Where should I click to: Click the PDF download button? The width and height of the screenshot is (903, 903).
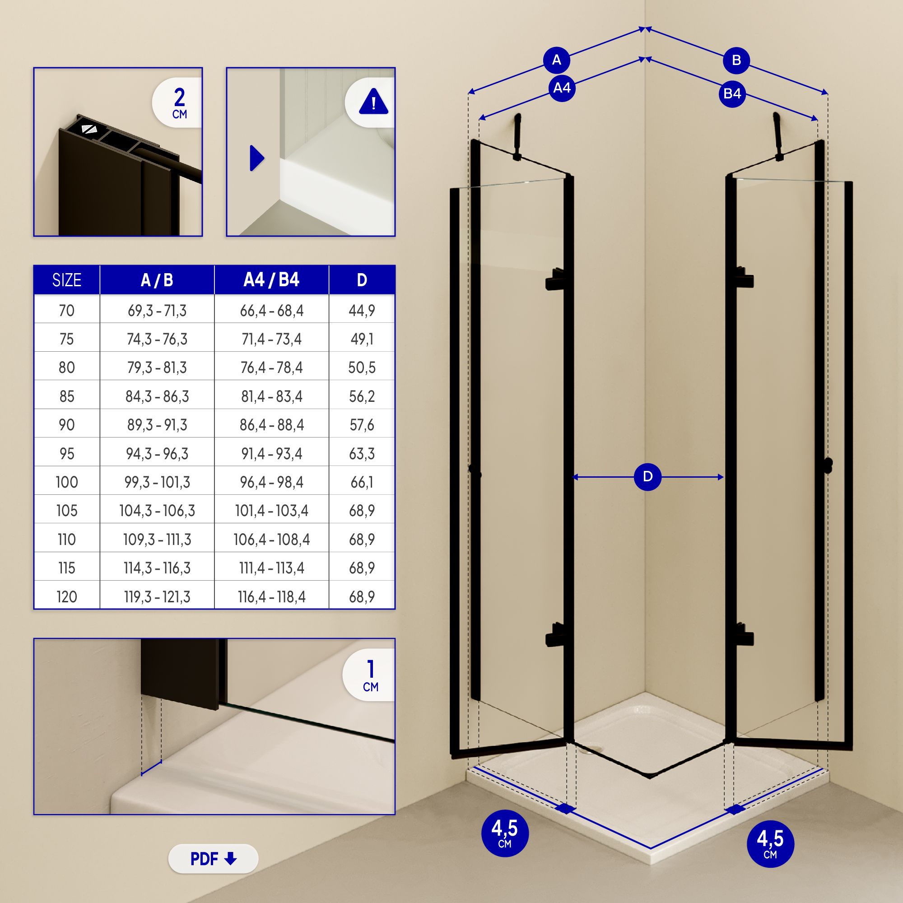213,859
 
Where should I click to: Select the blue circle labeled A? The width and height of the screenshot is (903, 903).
556,61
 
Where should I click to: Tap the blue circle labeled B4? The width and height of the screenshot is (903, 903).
732,94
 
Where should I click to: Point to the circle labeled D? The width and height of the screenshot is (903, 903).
647,477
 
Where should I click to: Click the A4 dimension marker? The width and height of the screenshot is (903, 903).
561,88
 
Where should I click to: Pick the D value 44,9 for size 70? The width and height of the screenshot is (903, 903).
362,311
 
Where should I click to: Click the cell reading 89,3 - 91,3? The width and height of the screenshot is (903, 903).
157,425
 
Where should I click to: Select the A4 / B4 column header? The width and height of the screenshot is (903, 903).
271,280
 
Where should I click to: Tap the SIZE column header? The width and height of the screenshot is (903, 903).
66,280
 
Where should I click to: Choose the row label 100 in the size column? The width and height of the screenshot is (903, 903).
66,482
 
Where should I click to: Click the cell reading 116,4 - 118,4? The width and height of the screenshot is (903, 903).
271,597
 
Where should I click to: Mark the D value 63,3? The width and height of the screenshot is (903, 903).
362,454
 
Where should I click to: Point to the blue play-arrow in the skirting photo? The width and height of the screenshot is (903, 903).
256,158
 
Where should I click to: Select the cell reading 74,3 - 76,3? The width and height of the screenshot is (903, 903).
157,340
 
